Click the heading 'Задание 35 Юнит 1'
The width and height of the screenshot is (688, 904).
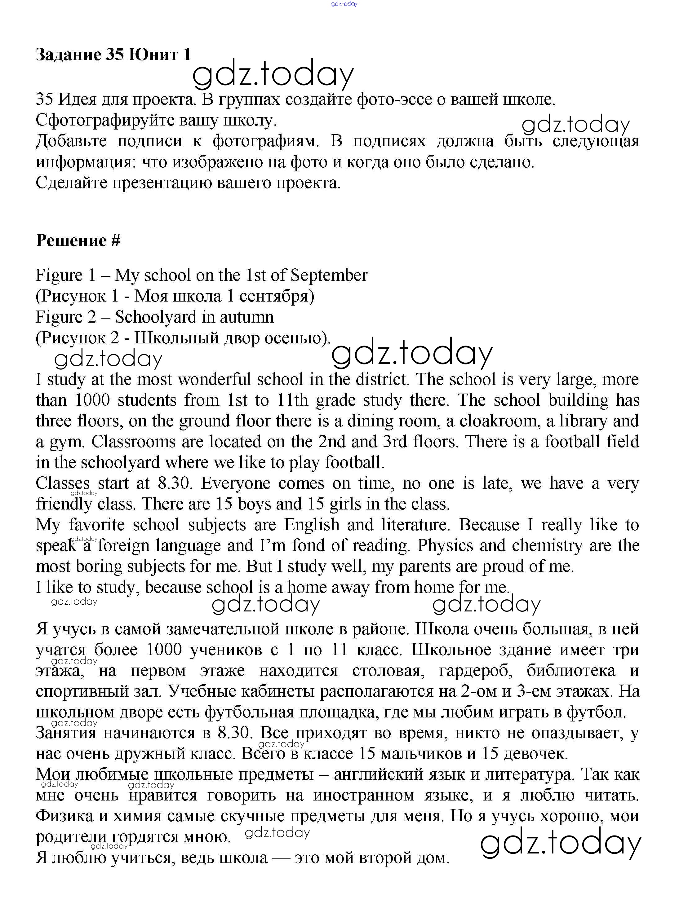pos(113,55)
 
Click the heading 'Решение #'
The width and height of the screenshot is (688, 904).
pos(78,240)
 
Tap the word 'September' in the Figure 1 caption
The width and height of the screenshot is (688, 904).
pos(329,276)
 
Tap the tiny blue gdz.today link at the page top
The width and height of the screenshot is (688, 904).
pos(344,4)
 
